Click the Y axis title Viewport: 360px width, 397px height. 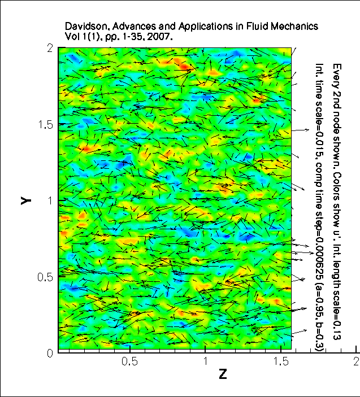click(x=26, y=200)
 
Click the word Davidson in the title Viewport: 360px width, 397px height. click(x=84, y=27)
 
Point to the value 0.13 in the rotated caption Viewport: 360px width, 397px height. click(x=336, y=329)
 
